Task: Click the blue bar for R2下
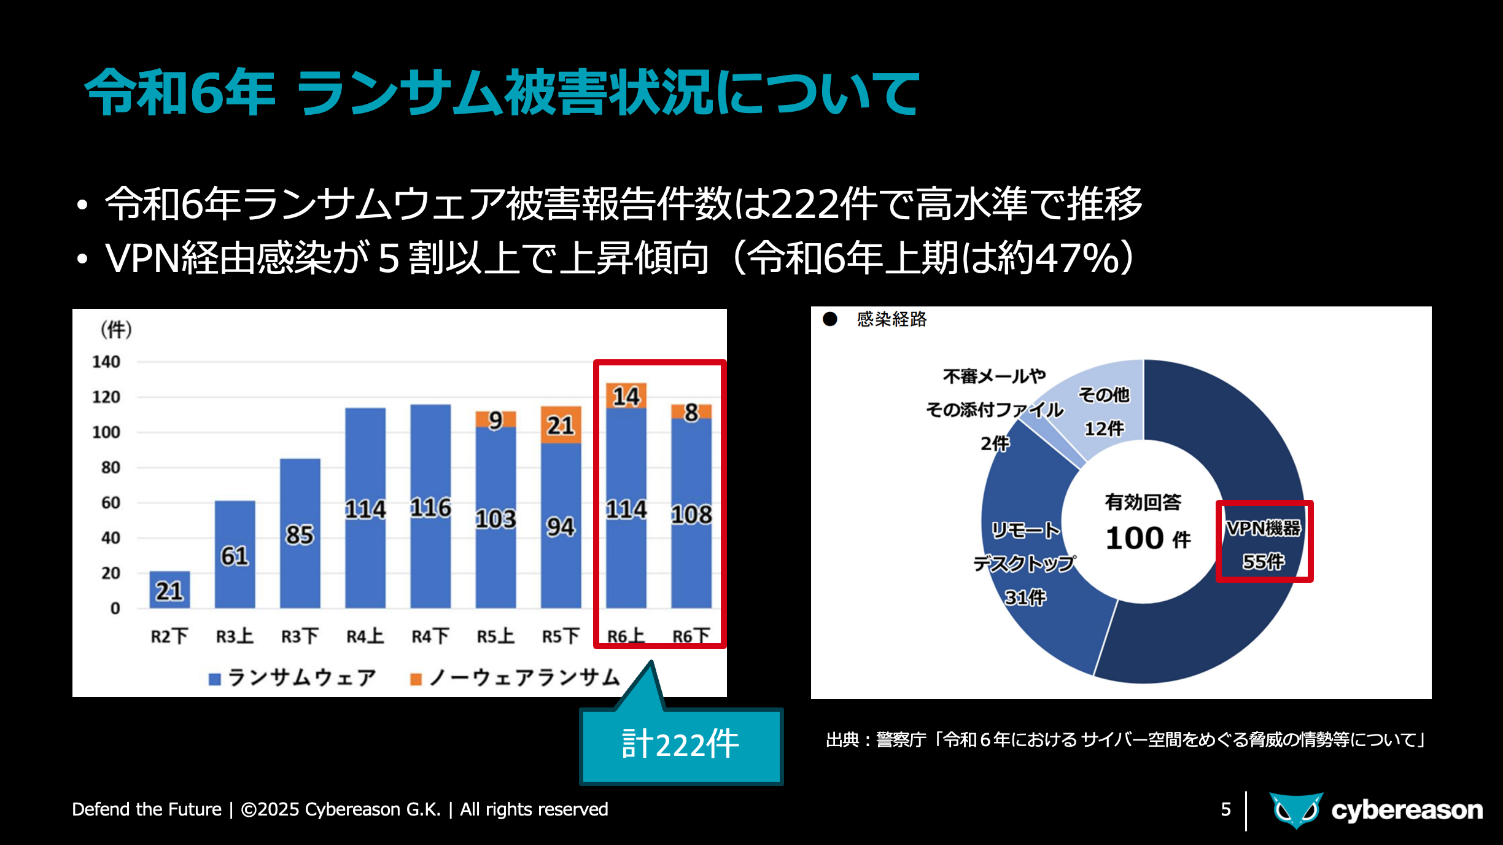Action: [x=169, y=590]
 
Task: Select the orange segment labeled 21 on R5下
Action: [x=561, y=424]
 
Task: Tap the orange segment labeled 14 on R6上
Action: [x=626, y=396]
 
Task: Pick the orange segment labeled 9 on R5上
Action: [x=495, y=419]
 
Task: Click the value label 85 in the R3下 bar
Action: [x=300, y=534]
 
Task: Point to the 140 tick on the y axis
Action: [x=106, y=362]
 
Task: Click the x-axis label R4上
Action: [x=365, y=636]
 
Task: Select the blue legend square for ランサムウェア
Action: [x=215, y=679]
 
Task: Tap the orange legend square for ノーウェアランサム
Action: [x=416, y=679]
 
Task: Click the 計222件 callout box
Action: [x=681, y=746]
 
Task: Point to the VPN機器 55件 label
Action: [x=1264, y=544]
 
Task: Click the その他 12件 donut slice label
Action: [x=1104, y=411]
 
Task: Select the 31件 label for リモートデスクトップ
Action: [x=1025, y=597]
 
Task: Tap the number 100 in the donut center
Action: [x=1135, y=539]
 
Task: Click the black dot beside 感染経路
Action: [x=830, y=319]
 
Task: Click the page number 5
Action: [x=1225, y=809]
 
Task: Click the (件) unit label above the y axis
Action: [x=116, y=330]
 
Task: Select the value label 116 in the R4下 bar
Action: [x=430, y=507]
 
